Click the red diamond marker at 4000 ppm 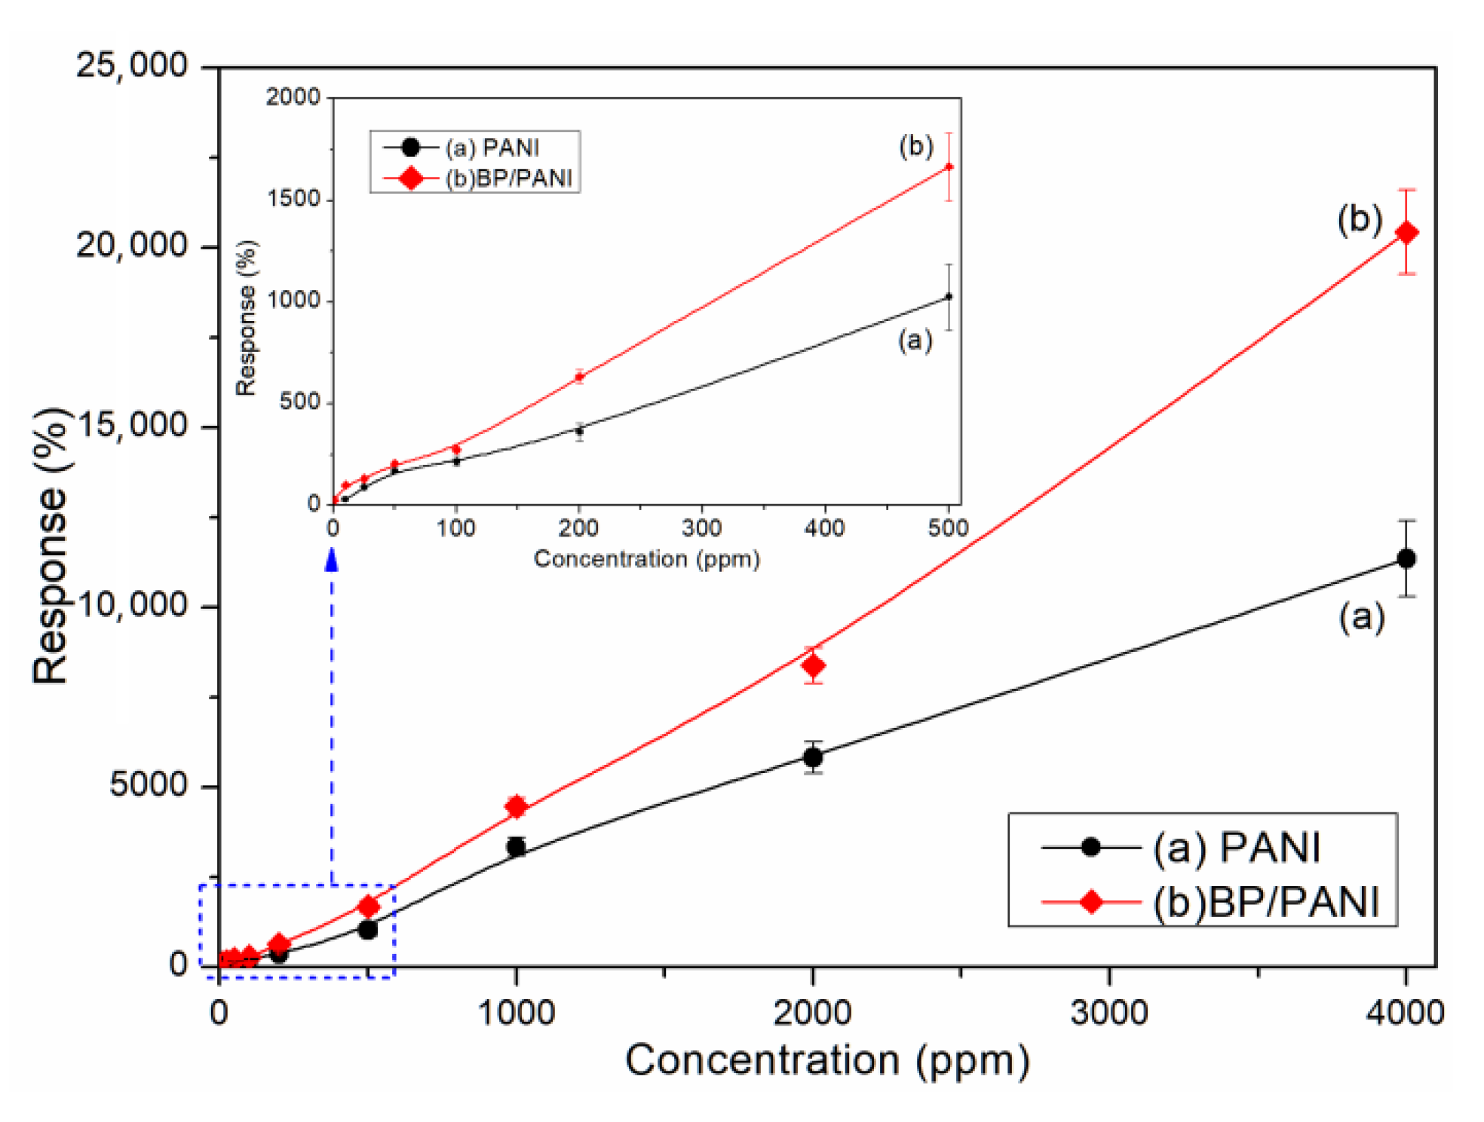click(x=1406, y=233)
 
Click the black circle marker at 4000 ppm click(x=1406, y=558)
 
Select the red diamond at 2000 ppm click(x=813, y=665)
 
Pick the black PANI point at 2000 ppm click(x=813, y=757)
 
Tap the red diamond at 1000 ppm click(x=517, y=806)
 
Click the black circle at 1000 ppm click(x=517, y=846)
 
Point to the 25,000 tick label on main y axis click(x=132, y=66)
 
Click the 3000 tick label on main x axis click(x=1108, y=1012)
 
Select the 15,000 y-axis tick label click(x=132, y=426)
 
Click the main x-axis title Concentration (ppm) click(x=826, y=1061)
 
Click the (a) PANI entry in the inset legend click(x=491, y=147)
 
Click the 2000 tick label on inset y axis click(x=293, y=97)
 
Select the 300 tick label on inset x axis click(x=701, y=528)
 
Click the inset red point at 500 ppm click(x=949, y=167)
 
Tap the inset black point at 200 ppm click(x=579, y=431)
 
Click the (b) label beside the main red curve click(x=1359, y=219)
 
